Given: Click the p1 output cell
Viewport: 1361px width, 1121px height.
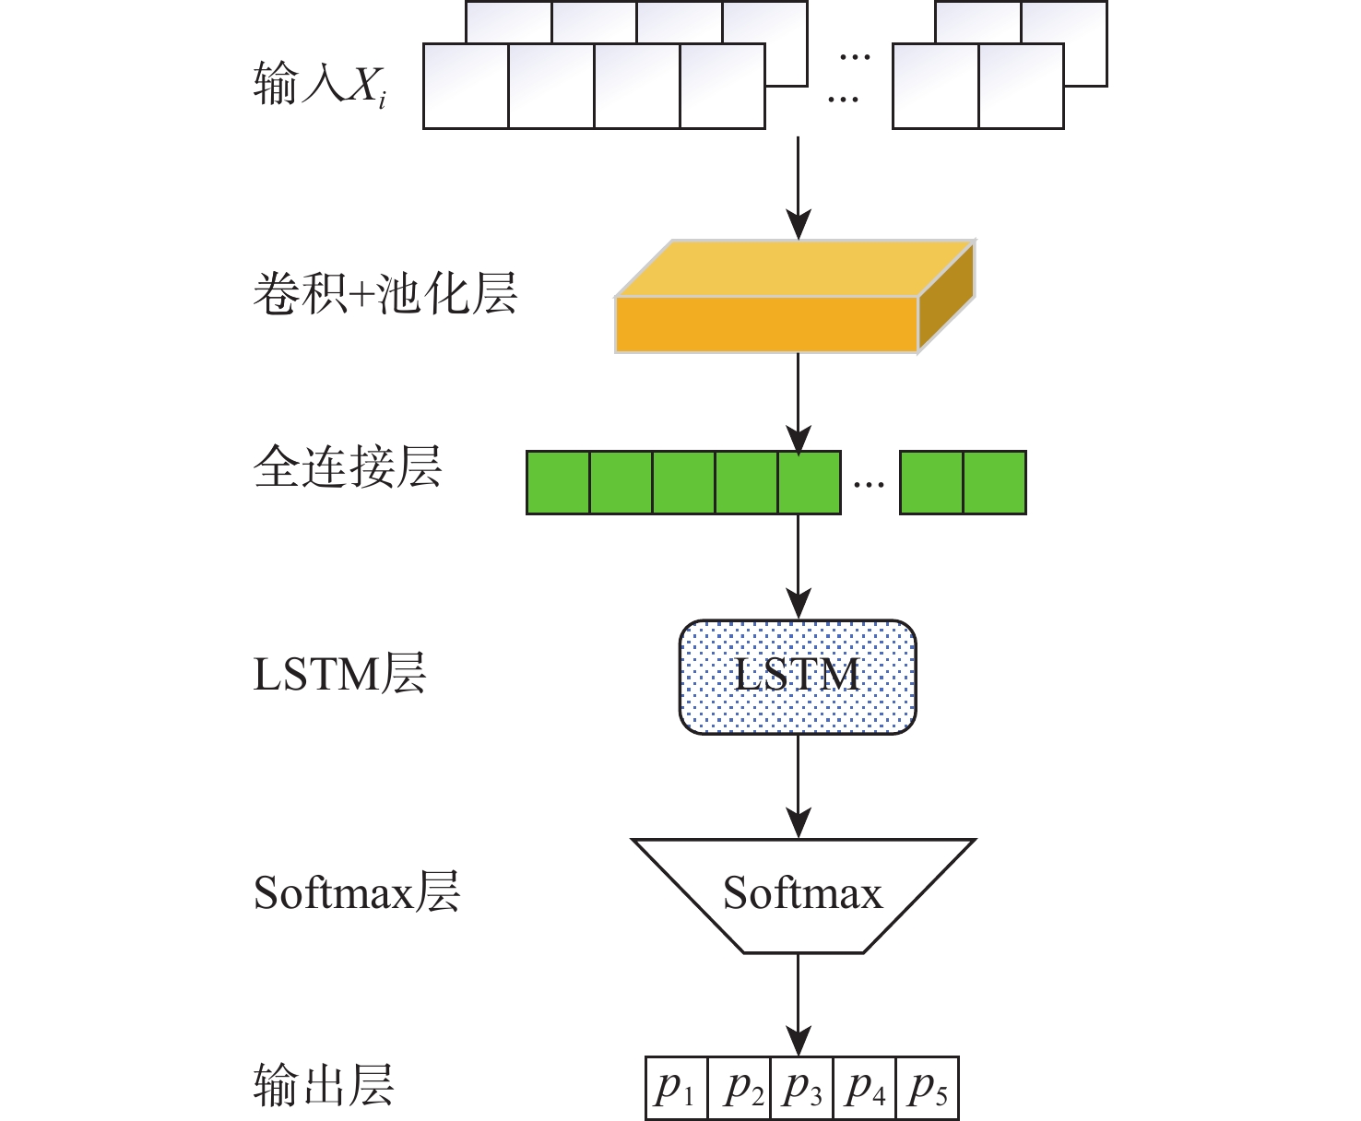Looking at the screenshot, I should click(676, 1089).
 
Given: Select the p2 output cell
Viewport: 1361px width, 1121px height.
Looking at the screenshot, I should click(739, 1089).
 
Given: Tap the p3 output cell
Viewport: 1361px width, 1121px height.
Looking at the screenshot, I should click(801, 1089).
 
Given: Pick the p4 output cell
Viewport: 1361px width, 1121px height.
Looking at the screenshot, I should click(864, 1089).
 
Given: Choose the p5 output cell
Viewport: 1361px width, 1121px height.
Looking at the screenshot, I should click(927, 1089).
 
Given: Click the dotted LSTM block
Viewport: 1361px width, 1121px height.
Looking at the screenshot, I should click(798, 677).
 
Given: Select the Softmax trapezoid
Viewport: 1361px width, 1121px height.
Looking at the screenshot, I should click(802, 894).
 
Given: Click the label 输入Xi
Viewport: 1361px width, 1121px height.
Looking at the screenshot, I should click(319, 86).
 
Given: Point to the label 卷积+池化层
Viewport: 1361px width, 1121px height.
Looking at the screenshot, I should click(385, 295).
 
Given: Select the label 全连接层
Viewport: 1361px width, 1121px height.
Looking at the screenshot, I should click(348, 466).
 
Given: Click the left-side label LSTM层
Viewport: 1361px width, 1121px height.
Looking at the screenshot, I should click(339, 675).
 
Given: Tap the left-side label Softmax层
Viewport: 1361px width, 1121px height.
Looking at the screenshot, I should click(356, 892).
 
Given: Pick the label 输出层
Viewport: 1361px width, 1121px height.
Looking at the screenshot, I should click(324, 1085).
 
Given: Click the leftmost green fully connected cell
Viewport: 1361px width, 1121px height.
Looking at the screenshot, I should click(558, 482).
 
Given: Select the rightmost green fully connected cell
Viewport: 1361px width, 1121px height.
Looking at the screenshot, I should click(994, 482).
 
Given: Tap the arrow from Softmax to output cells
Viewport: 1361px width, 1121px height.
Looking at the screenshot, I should click(798, 1005).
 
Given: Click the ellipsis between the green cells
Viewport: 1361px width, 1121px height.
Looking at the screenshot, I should click(869, 483).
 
